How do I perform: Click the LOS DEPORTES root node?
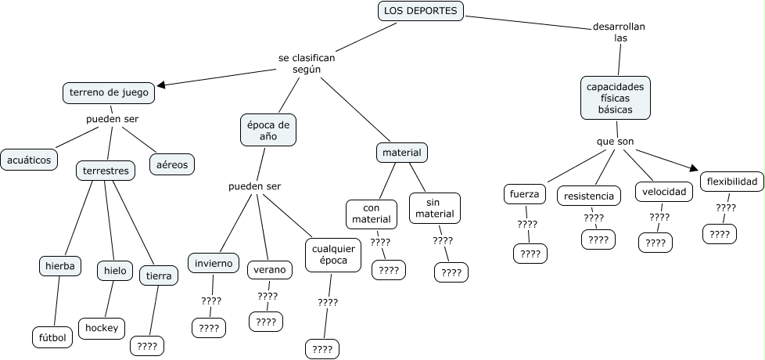tap(421, 11)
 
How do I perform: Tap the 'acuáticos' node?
tap(29, 160)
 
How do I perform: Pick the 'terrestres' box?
tap(106, 171)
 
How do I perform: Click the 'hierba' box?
tap(59, 266)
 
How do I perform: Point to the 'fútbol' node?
tap(53, 337)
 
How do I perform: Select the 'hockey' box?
tap(102, 328)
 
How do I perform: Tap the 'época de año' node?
tap(268, 130)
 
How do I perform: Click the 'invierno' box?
tap(213, 263)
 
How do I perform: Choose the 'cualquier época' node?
tap(332, 254)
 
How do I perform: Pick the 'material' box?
tap(401, 152)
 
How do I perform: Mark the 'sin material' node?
tap(435, 207)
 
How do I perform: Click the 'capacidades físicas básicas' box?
tap(616, 98)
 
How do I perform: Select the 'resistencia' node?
tap(589, 195)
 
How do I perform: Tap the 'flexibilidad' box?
tap(731, 182)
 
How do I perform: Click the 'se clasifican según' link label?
tap(307, 63)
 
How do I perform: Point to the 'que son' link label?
tap(615, 142)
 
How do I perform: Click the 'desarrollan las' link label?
tap(620, 32)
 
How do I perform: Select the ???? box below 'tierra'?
tap(146, 344)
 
